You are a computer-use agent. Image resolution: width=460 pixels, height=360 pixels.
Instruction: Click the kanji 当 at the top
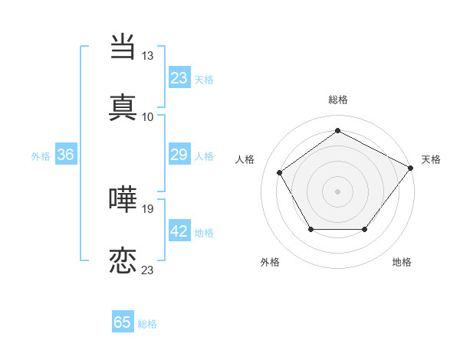point(123,47)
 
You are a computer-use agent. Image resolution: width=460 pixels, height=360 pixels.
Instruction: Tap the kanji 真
point(123,106)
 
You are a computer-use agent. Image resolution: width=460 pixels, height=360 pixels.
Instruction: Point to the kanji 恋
point(123,260)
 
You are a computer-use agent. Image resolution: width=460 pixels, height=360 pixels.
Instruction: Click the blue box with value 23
point(179,78)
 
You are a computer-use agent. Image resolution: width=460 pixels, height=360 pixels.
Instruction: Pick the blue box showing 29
point(179,155)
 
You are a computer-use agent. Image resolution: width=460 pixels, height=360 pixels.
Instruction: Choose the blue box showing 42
point(179,232)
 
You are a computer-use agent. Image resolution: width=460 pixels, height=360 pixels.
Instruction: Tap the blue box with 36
point(66,155)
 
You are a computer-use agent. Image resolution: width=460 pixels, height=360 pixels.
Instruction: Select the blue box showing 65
point(123,322)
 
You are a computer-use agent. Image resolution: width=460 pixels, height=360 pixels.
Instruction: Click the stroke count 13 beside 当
point(147,56)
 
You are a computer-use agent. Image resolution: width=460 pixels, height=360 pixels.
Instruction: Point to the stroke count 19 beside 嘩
point(147,209)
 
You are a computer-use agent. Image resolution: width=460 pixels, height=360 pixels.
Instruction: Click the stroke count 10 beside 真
point(147,116)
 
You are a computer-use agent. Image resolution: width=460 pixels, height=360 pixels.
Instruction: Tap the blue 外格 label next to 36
point(41,156)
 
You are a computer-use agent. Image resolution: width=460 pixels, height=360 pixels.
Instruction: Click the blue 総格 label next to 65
point(147,324)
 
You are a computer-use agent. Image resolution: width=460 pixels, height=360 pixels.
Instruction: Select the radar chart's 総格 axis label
point(337,100)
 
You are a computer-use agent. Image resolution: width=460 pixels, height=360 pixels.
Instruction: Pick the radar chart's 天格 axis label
point(431,159)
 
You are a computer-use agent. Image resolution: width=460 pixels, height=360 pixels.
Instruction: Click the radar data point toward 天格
point(410,168)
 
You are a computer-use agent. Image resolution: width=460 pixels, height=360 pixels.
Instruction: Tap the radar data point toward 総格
point(337,131)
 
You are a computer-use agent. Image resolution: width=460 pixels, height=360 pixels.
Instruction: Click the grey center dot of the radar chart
point(337,191)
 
